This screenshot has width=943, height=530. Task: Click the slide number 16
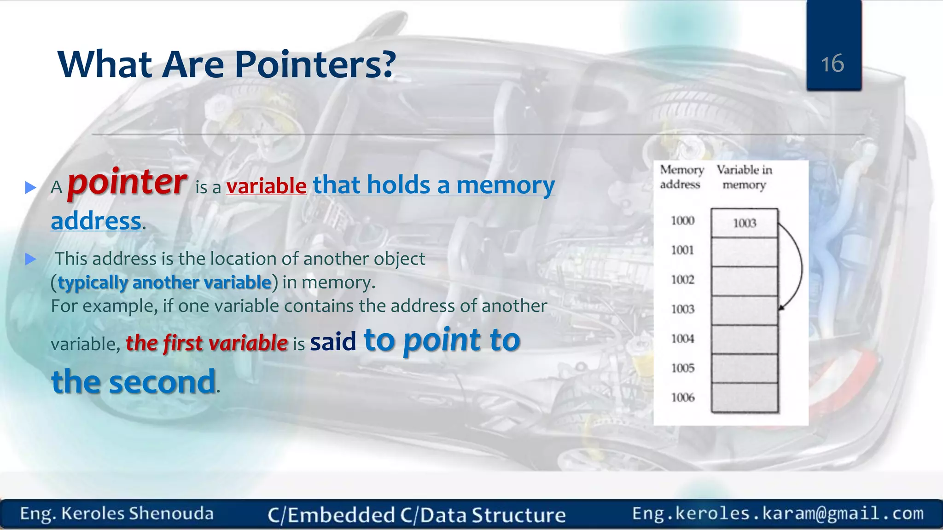tap(832, 63)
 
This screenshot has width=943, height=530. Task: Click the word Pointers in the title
tap(315, 64)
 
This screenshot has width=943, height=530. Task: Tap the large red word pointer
tap(127, 182)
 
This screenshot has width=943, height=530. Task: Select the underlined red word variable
tap(266, 186)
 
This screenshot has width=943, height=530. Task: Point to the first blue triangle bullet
tap(30, 187)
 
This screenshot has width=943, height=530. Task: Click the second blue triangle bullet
tap(30, 259)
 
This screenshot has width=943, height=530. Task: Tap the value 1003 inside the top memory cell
tap(745, 223)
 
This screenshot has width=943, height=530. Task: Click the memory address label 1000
tap(682, 221)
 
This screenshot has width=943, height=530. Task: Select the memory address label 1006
tap(682, 397)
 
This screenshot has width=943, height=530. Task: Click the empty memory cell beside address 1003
tap(744, 310)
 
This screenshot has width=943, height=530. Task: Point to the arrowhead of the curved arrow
tap(781, 307)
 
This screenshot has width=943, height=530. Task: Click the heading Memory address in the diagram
tap(681, 177)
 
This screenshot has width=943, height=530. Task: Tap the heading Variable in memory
tap(744, 177)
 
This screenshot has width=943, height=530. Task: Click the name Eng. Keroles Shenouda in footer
tap(117, 514)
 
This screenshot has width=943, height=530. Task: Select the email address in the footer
tap(778, 513)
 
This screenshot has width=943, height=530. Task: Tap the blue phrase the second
tap(134, 382)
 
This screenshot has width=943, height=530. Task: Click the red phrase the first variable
tap(207, 343)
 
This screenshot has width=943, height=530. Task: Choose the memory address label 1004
tap(682, 339)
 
